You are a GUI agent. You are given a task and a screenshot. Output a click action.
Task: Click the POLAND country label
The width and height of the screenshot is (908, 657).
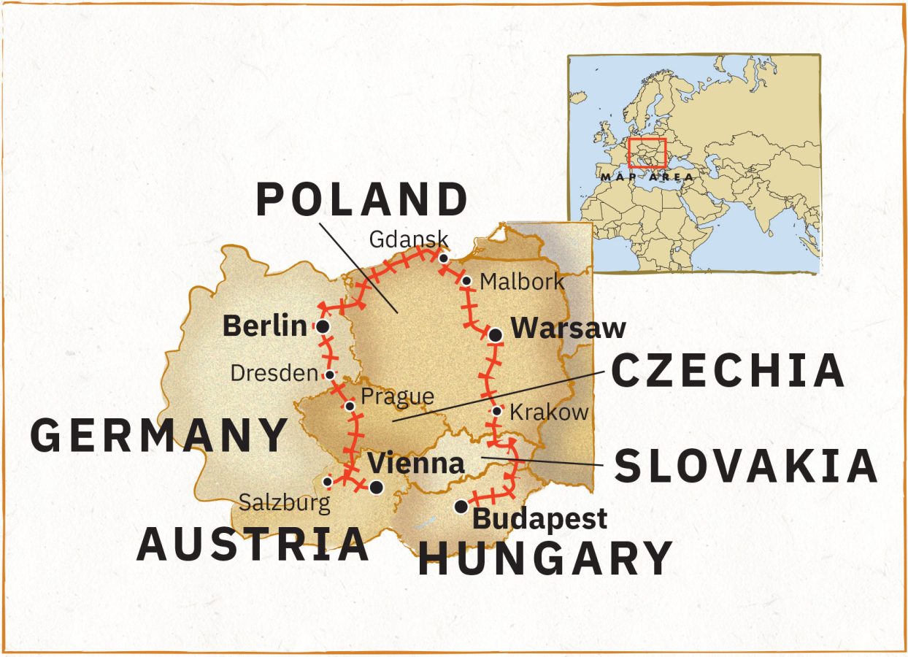point(361,199)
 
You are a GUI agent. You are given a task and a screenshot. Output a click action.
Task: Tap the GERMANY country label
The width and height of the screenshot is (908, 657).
point(159,435)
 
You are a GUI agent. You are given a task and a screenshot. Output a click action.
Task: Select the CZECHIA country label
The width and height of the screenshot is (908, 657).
point(727,370)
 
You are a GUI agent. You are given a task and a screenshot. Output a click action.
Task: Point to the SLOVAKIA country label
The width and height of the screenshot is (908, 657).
point(745,466)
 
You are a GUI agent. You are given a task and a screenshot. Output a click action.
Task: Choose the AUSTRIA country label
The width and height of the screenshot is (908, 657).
point(253,544)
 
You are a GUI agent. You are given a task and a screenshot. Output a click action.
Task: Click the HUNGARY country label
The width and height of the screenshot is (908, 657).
point(545,559)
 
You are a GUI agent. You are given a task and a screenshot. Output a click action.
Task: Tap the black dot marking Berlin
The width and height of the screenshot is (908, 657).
point(321,326)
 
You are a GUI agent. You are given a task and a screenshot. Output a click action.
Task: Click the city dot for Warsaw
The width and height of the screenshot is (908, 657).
point(496,335)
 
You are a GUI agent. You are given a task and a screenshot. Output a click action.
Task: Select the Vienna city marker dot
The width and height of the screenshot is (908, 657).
point(376,487)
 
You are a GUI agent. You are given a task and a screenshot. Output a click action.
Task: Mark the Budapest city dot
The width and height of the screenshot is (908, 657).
point(461,506)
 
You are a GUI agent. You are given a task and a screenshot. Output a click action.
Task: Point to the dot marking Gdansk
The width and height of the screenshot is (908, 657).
point(443,258)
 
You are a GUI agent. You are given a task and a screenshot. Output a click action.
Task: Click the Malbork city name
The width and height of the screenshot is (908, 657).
point(522,282)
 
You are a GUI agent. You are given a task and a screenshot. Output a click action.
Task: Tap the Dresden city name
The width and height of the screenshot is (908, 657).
point(274,373)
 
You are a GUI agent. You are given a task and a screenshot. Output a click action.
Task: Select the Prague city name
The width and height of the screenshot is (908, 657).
point(398,397)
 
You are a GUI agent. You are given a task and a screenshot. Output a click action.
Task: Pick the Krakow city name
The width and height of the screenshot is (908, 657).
point(548,412)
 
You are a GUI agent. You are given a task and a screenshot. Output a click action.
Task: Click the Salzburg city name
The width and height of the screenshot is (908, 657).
point(285,503)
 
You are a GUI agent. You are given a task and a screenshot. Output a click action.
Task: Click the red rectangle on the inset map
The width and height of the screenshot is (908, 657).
point(647,153)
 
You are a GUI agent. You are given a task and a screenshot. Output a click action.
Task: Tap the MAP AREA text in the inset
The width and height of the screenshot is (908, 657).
point(646,177)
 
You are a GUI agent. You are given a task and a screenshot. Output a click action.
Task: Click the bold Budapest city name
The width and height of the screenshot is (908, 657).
point(540,518)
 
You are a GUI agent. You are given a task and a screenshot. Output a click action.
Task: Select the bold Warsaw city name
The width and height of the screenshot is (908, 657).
point(568,328)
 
